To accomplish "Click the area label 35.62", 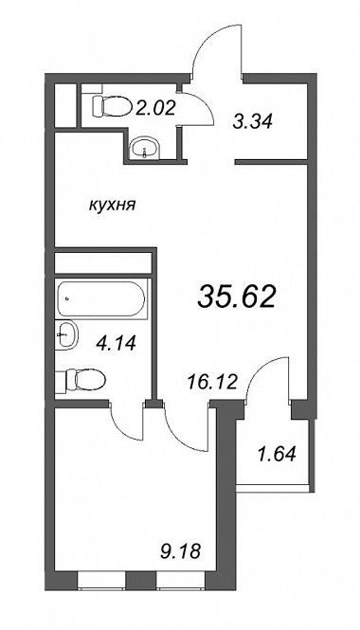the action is click(236, 297).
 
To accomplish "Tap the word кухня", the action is click(113, 206).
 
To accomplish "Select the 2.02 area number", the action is click(155, 107).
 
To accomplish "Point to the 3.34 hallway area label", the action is click(253, 120).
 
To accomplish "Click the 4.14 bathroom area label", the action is click(116, 343).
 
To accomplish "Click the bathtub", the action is click(100, 298).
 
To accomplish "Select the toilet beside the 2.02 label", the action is click(112, 106).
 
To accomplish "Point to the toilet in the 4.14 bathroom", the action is click(85, 380).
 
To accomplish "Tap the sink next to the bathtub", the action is click(66, 334).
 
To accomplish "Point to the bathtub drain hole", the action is click(66, 298).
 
